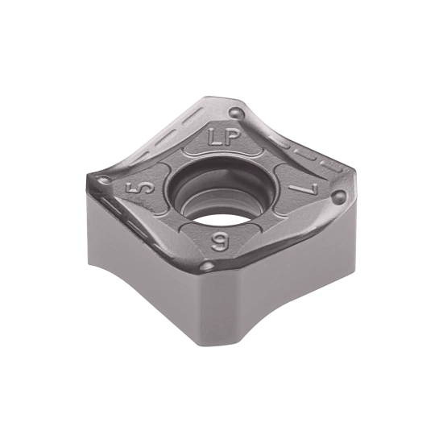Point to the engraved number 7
click(x=306, y=189)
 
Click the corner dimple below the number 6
click(x=208, y=266)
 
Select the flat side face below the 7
click(x=298, y=266)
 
